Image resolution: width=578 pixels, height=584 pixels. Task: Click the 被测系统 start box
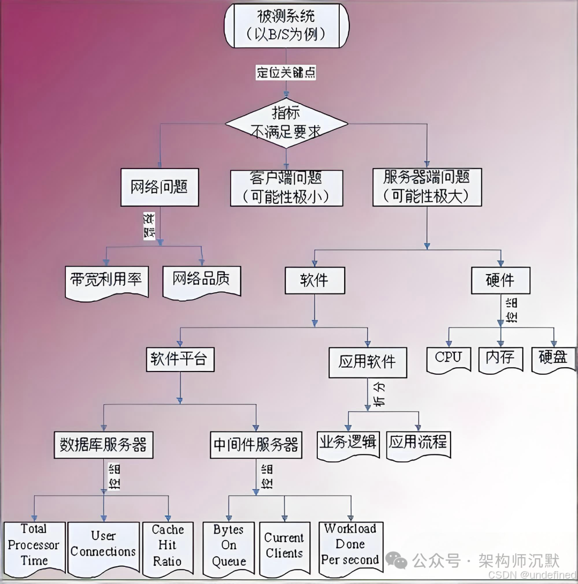point(286,26)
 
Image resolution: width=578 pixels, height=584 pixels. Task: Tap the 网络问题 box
point(159,187)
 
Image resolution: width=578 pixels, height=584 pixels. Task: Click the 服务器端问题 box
point(427,187)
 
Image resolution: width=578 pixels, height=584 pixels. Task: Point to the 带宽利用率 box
point(106,279)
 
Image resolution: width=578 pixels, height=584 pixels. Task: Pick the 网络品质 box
point(202,279)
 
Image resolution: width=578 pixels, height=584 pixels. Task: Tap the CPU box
point(448,358)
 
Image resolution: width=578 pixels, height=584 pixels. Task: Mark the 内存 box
point(500,358)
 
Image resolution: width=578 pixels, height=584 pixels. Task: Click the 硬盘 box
point(553,358)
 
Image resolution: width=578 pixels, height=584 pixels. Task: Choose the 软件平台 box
point(180,359)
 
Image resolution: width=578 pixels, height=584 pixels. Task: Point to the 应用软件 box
point(367,362)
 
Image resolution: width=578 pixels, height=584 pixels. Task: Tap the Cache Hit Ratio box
point(167,547)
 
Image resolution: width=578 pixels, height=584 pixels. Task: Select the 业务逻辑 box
point(348,443)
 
